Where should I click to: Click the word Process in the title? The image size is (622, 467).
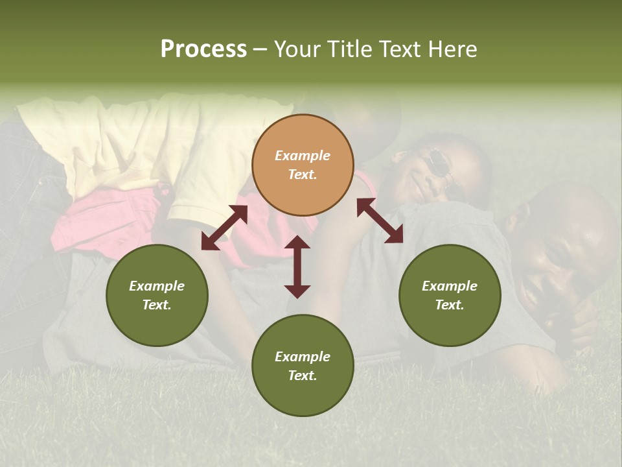203,49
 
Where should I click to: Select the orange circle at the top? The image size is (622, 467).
303,165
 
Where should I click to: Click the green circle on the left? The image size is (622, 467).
157,295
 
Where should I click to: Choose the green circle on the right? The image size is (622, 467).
450,295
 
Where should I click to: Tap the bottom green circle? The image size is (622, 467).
303,366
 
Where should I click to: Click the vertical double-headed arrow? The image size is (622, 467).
297,267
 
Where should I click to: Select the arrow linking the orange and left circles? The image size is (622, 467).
224,228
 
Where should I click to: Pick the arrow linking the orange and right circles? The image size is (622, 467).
380,221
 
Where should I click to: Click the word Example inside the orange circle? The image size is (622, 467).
303,156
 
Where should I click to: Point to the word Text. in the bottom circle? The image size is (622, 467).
303,376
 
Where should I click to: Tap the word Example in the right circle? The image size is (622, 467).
450,286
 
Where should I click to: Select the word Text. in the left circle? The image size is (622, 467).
157,305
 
